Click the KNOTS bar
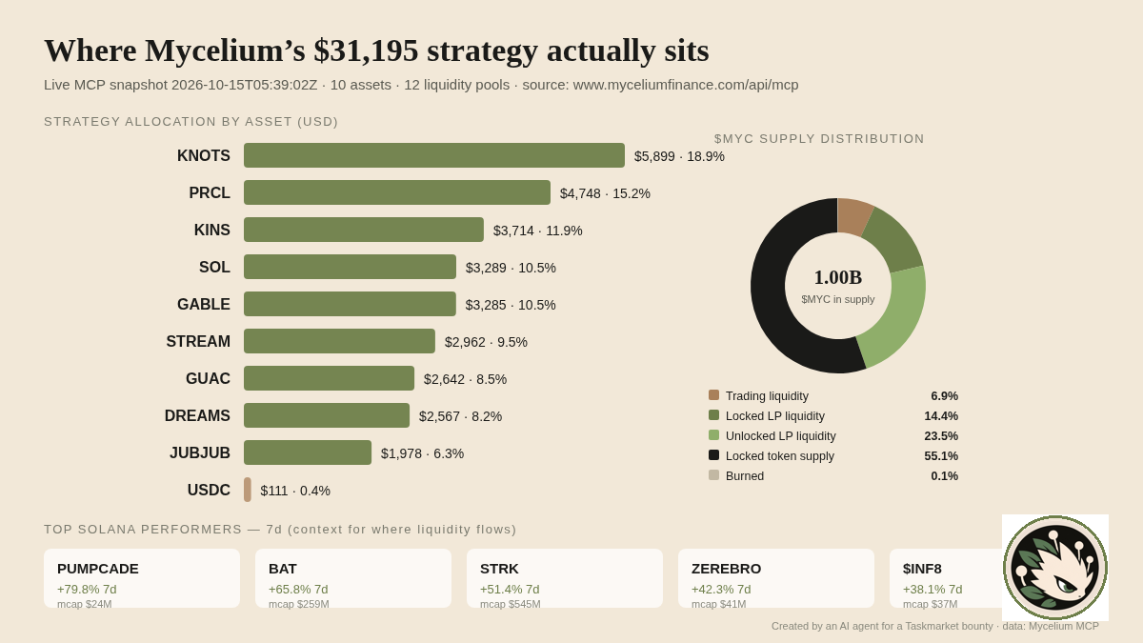[434, 155]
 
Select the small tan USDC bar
[248, 490]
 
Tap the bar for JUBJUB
[308, 452]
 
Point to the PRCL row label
[210, 192]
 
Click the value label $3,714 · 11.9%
[538, 231]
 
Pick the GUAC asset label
[208, 379]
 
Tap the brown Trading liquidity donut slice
[853, 216]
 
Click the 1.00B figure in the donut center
[838, 277]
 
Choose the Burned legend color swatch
[713, 475]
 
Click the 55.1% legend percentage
[941, 455]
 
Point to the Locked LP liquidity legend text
[775, 416]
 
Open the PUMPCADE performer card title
[98, 569]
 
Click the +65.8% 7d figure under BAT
[298, 590]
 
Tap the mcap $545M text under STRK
[511, 604]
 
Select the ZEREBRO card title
[726, 569]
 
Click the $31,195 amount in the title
[366, 50]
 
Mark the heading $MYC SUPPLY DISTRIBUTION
[819, 139]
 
